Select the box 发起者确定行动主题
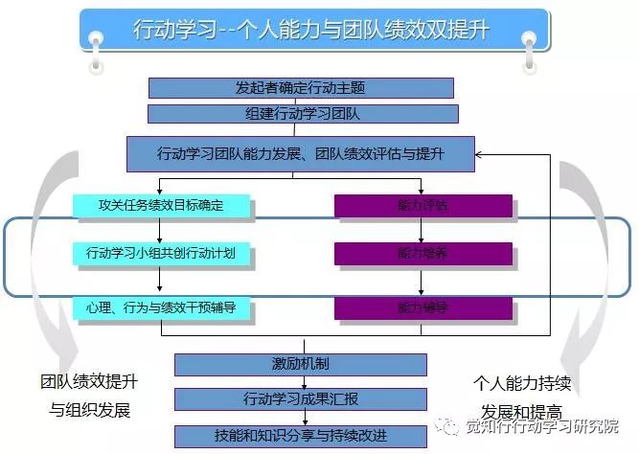(x=301, y=88)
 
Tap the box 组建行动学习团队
(x=301, y=114)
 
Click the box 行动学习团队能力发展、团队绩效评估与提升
(x=301, y=153)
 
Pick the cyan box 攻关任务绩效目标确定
(x=161, y=205)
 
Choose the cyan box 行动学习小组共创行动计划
(x=161, y=254)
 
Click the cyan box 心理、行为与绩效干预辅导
(x=161, y=307)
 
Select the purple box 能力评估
(x=422, y=205)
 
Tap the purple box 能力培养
(x=422, y=254)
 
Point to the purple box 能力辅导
(x=422, y=307)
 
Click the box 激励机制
(x=301, y=365)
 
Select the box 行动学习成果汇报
(x=301, y=399)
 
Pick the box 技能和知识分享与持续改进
(x=301, y=434)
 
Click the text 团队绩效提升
(x=88, y=381)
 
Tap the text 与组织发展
(x=89, y=411)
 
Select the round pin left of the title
(x=95, y=40)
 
